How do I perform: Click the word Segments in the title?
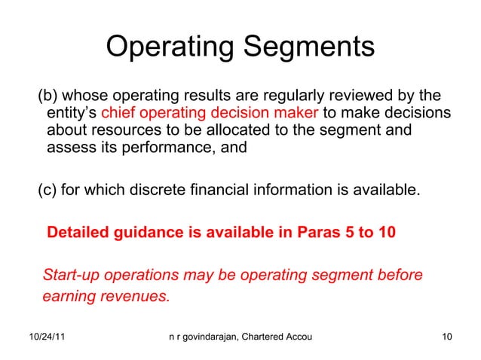(x=309, y=47)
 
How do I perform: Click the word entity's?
(x=72, y=114)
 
